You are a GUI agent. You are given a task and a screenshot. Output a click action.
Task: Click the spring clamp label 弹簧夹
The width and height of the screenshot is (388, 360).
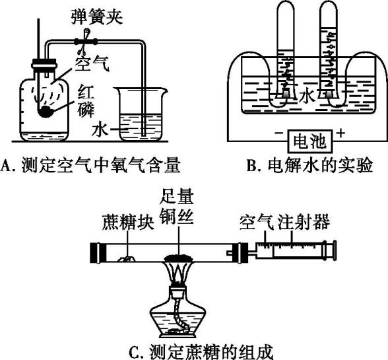pyautogui.click(x=97, y=17)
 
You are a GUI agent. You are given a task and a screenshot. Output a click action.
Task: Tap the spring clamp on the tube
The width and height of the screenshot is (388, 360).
pyautogui.click(x=85, y=42)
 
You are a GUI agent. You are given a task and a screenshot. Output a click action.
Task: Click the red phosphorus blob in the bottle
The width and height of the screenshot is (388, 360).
pyautogui.click(x=46, y=112)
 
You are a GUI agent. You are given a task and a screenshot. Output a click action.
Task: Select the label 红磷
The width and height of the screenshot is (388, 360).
pyautogui.click(x=86, y=101)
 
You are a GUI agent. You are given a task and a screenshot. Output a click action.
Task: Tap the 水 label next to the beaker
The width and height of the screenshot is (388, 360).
pyautogui.click(x=100, y=129)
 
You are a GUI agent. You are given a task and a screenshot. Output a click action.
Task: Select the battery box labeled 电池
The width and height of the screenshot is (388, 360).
pyautogui.click(x=309, y=141)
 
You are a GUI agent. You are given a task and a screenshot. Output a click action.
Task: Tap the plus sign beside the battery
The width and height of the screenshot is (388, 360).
pyautogui.click(x=340, y=133)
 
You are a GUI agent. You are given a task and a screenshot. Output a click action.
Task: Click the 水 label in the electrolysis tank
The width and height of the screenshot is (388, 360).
pyautogui.click(x=307, y=95)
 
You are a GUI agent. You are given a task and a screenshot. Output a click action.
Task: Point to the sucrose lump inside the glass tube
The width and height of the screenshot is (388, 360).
pyautogui.click(x=126, y=259)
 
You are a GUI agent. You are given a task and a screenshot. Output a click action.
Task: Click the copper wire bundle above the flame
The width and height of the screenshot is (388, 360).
pyautogui.click(x=179, y=258)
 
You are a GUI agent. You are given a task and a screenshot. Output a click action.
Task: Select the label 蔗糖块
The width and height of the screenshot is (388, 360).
pyautogui.click(x=128, y=221)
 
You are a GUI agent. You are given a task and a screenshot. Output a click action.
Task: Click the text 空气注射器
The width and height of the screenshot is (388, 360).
pyautogui.click(x=284, y=221)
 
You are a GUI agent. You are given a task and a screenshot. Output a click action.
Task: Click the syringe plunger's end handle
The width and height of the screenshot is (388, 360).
pyautogui.click(x=335, y=250)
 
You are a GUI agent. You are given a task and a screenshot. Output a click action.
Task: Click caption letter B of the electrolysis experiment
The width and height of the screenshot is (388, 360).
pyautogui.click(x=251, y=166)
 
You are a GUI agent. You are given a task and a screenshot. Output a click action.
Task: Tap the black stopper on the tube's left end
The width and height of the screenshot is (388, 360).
pyautogui.click(x=98, y=253)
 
